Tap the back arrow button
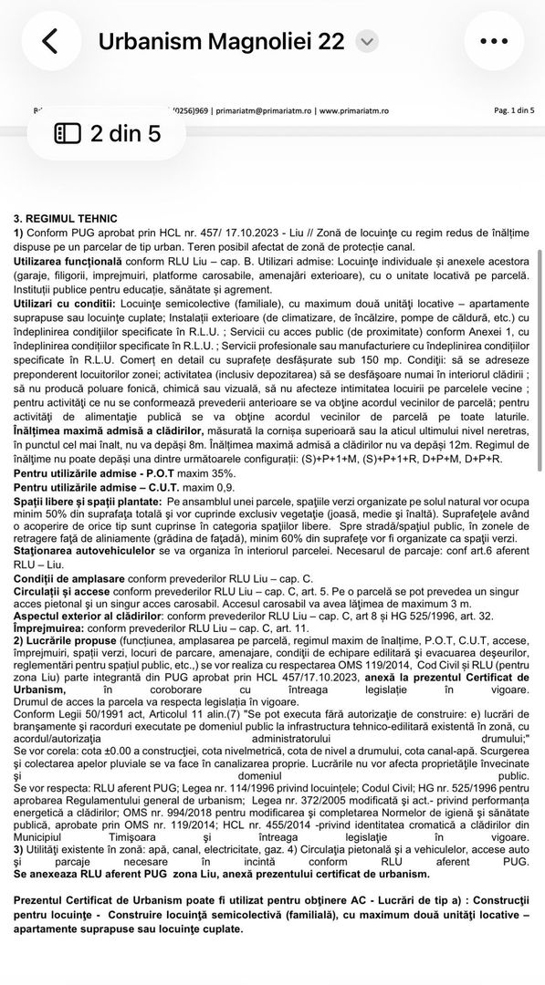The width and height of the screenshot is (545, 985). point(50,41)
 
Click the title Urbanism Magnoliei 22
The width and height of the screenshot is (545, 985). point(222,41)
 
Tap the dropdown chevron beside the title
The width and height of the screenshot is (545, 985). point(366,41)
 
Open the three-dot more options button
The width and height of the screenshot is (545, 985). point(494,41)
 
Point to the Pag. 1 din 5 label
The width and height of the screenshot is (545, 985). point(514,109)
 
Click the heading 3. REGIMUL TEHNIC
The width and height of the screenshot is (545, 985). point(66,219)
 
